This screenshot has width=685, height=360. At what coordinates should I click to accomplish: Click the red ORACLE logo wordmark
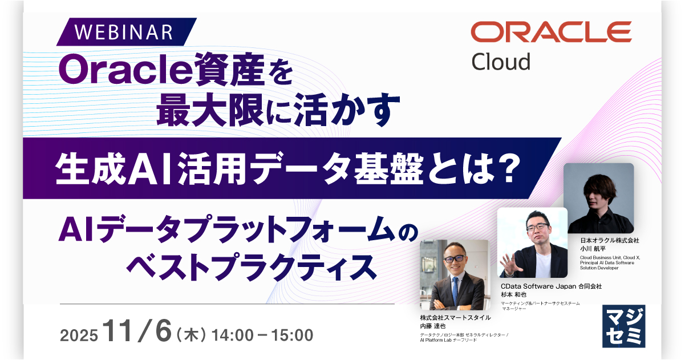pos(551,32)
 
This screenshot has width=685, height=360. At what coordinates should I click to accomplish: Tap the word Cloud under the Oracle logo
pos(501,61)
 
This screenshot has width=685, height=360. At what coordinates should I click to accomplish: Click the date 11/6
pos(137,332)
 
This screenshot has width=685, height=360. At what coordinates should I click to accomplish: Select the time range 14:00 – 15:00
pos(262,334)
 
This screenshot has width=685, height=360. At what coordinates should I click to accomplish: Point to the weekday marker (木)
pos(192,334)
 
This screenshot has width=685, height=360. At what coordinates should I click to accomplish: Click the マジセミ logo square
pos(624,326)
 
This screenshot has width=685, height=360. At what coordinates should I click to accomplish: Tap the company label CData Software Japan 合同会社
pos(551,286)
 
